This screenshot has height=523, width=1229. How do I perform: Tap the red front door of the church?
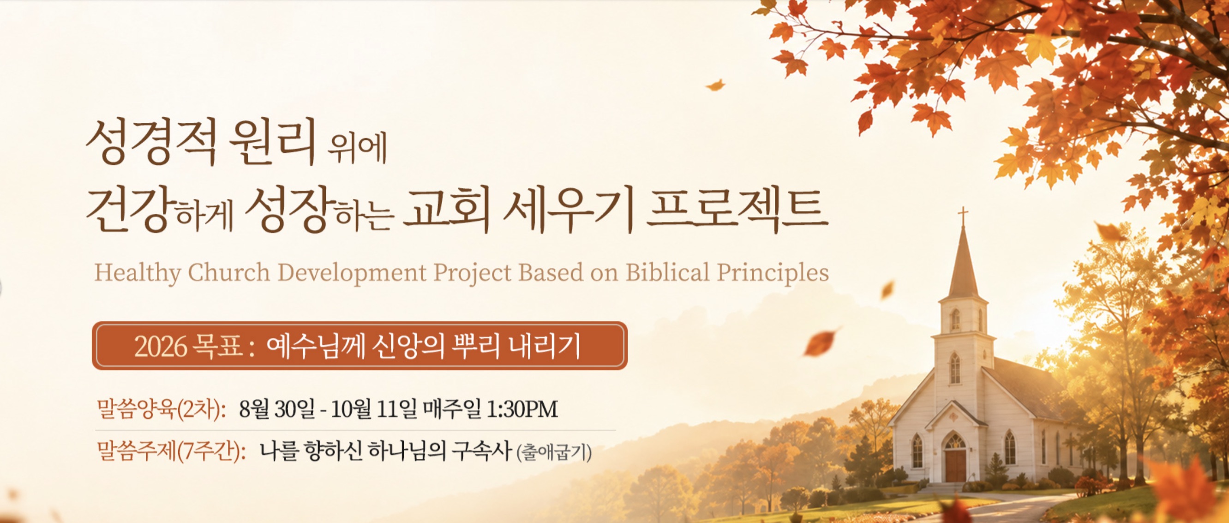click(955, 465)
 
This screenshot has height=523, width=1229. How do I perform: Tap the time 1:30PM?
click(522, 409)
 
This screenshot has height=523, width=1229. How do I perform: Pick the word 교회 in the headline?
click(447, 210)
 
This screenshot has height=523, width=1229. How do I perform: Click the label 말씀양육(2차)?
click(161, 409)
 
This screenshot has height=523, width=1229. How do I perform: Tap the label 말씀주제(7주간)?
click(171, 451)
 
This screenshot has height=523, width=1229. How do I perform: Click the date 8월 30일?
click(277, 409)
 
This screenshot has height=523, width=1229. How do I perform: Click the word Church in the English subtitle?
click(229, 273)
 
